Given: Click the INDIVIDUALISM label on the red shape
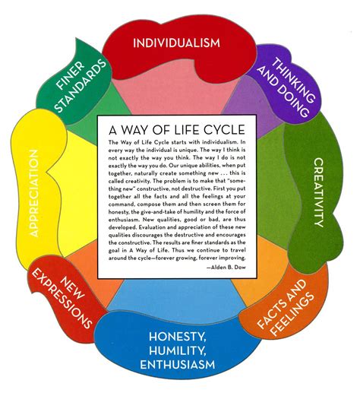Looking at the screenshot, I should click(181, 42).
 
